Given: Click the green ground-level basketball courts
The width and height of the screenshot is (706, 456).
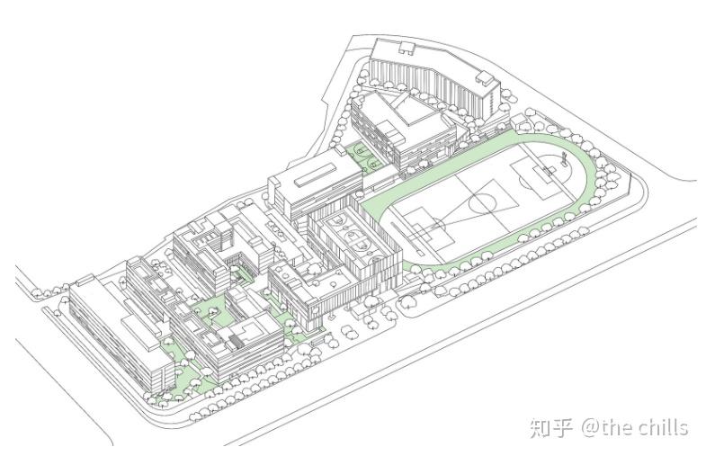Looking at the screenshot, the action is point(366,158).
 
